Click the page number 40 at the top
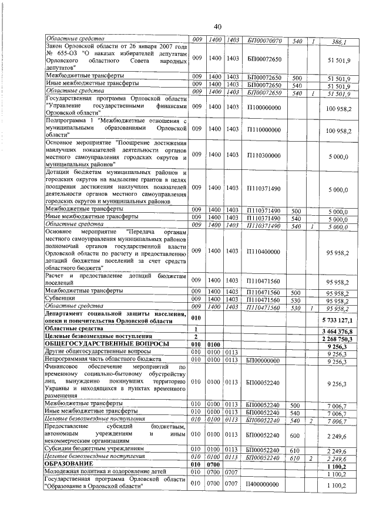pyautogui.click(x=217, y=27)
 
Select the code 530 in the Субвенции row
pyautogui.click(x=296, y=300)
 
